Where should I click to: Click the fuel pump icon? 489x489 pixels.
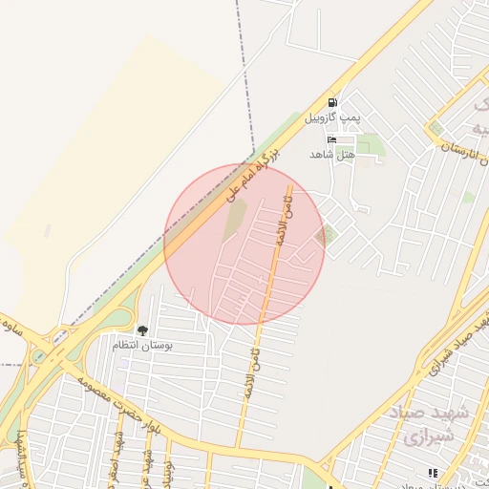coord(331,102)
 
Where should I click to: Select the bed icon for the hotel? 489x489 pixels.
coord(331,139)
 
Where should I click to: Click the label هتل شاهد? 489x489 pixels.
coord(332,153)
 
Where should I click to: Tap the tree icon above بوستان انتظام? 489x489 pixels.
coord(142,330)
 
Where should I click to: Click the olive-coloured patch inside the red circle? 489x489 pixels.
coord(235,223)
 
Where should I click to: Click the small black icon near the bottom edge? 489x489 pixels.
coord(433,472)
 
